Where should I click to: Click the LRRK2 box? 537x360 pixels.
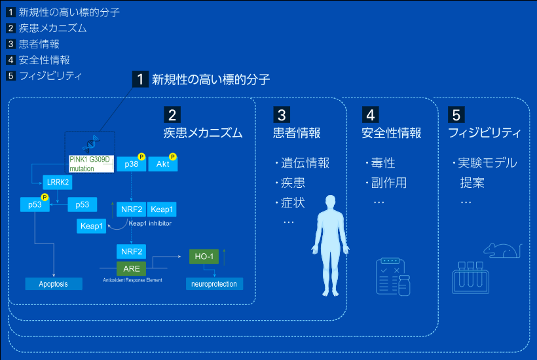[x=58, y=182]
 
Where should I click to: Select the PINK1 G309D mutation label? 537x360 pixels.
[x=91, y=164]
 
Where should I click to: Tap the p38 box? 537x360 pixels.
[x=131, y=165]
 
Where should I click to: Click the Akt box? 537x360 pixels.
[x=163, y=165]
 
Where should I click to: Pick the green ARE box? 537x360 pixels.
[x=132, y=268]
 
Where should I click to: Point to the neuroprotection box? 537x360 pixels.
[x=214, y=284]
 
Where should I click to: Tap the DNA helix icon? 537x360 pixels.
[x=90, y=145]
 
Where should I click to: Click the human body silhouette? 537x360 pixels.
[x=330, y=242]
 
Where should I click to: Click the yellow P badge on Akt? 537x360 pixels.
[x=173, y=156]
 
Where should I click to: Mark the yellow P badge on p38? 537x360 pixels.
[x=141, y=156]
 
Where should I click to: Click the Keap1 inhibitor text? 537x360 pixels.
[x=150, y=223]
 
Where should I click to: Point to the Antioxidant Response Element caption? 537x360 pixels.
[x=132, y=279]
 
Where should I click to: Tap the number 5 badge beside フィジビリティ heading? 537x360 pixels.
[x=456, y=115]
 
